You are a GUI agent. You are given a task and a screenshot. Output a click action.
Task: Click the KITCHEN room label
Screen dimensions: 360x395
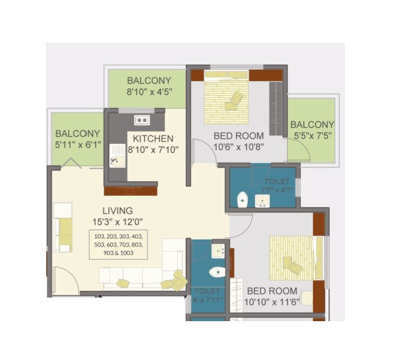pyautogui.click(x=153, y=138)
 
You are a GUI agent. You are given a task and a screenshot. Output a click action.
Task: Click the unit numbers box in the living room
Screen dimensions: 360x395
pyautogui.click(x=118, y=245)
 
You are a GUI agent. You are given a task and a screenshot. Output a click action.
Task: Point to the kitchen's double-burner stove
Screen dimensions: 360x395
pyautogui.click(x=141, y=120)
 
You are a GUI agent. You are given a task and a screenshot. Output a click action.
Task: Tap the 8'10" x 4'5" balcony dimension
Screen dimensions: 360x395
pyautogui.click(x=149, y=92)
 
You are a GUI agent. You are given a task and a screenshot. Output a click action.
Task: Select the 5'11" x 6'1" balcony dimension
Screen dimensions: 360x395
pyautogui.click(x=78, y=145)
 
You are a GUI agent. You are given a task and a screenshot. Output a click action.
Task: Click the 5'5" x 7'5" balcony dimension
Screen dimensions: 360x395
pyautogui.click(x=312, y=136)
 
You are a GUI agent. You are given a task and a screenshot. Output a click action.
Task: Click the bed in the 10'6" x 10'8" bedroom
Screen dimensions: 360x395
pyautogui.click(x=226, y=98)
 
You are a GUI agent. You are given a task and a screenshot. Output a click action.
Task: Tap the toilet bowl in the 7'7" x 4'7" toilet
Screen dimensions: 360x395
pyautogui.click(x=243, y=199)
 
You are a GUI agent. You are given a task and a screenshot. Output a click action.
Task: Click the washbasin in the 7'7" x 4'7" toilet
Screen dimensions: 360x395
pyautogui.click(x=262, y=200)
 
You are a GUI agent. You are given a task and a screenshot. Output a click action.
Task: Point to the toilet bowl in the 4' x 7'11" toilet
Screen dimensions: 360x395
pyautogui.click(x=216, y=273)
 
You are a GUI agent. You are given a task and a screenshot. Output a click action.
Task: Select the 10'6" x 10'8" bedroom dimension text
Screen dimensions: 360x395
pyautogui.click(x=238, y=147)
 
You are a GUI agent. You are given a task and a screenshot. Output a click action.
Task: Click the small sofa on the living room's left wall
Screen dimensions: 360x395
pyautogui.click(x=64, y=227)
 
